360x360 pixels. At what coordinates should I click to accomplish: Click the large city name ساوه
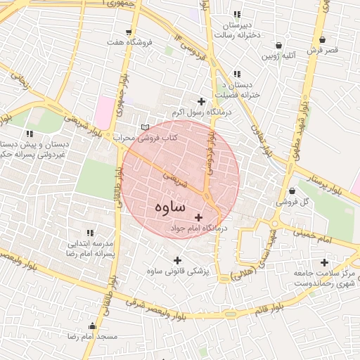pyautogui.click(x=167, y=207)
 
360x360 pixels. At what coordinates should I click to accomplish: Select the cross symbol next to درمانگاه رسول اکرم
pyautogui.click(x=202, y=102)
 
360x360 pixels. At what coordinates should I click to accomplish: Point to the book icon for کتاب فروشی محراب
pyautogui.click(x=146, y=127)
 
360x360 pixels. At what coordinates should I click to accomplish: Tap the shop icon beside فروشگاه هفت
pyautogui.click(x=128, y=32)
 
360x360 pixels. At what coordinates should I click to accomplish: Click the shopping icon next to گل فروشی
pyautogui.click(x=292, y=191)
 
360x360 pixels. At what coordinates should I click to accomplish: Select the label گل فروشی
pyautogui.click(x=293, y=202)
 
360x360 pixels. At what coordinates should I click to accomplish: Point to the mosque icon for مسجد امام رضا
pyautogui.click(x=92, y=326)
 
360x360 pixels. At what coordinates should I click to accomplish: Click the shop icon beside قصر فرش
pyautogui.click(x=322, y=40)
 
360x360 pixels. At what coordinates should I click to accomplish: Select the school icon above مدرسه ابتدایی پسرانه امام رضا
pyautogui.click(x=89, y=233)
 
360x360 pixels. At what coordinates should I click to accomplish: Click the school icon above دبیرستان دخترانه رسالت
pyautogui.click(x=237, y=14)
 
